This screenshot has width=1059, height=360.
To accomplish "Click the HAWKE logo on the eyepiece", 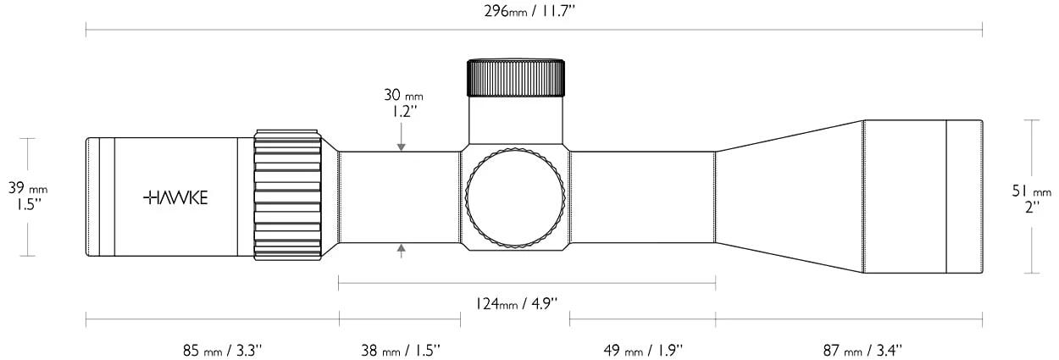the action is [175, 197].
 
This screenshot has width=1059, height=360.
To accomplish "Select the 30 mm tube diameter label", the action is [403, 95].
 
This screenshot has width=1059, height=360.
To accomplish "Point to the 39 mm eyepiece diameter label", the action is [28, 188].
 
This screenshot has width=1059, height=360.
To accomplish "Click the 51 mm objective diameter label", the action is [1032, 191].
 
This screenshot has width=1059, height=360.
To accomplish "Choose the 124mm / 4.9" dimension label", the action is [516, 303].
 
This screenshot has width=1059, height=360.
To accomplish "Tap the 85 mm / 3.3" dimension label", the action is [222, 351].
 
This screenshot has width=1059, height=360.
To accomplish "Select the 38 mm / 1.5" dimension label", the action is [401, 351].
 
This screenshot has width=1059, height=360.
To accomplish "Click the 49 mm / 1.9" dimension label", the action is [643, 351].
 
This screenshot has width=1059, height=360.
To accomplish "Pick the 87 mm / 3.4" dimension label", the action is [862, 351].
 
